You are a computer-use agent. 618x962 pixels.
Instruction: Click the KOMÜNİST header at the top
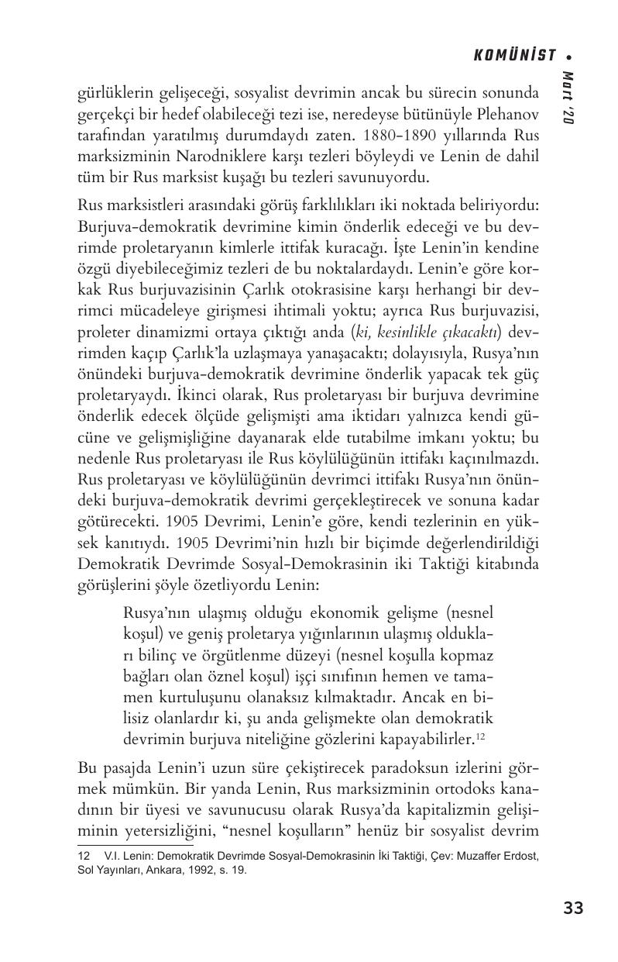[x=514, y=55]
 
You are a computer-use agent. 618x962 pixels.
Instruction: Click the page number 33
[x=573, y=909]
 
